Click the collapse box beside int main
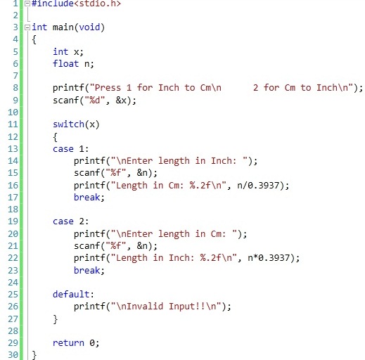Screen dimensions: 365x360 pos(27,27)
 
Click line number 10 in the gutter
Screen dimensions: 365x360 pos(13,112)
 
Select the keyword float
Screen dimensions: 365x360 pos(65,63)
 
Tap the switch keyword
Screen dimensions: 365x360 pos(68,124)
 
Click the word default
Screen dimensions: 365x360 pos(72,294)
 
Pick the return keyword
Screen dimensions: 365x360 pos(68,343)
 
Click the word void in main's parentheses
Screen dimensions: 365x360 pos(89,27)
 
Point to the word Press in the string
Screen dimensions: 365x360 pos(108,88)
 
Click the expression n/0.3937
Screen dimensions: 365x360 pos(258,186)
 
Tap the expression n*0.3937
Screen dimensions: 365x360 pos(269,258)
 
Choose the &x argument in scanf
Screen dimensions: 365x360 pos(121,101)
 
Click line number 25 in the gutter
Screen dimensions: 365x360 pos(13,294)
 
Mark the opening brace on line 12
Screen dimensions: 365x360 pos(55,137)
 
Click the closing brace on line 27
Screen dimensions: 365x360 pos(55,319)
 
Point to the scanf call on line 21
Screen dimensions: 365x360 pos(115,246)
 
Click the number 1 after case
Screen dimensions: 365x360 pos(82,149)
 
